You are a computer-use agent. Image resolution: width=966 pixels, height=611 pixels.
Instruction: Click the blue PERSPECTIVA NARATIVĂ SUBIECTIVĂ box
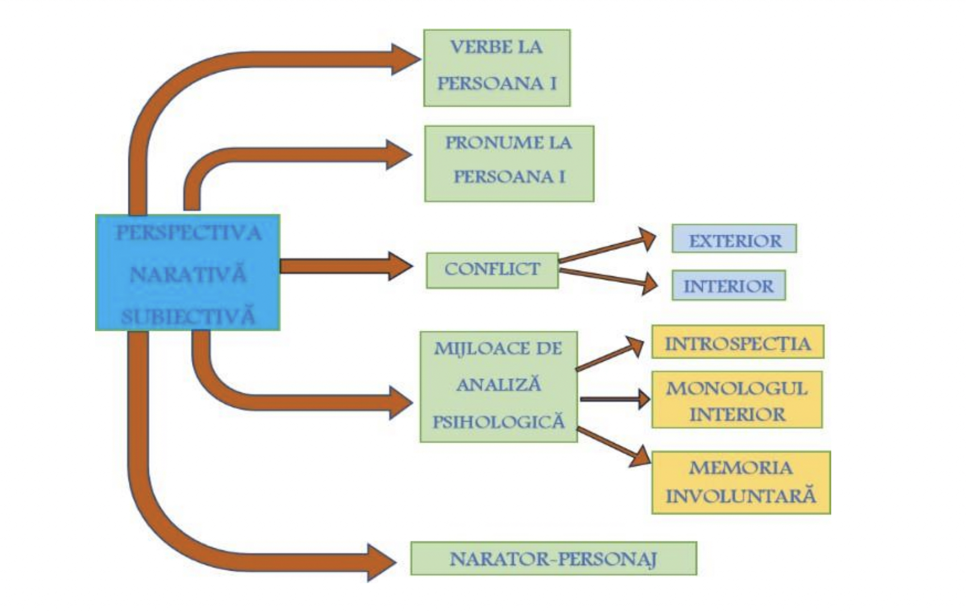click(x=187, y=272)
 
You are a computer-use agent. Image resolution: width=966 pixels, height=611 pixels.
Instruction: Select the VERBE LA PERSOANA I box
click(x=497, y=68)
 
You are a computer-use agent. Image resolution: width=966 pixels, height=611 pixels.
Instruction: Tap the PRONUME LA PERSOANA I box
click(x=509, y=163)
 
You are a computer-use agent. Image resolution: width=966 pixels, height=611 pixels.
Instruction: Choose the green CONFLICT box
click(x=492, y=270)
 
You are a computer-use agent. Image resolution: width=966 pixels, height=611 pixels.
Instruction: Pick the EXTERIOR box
click(x=734, y=238)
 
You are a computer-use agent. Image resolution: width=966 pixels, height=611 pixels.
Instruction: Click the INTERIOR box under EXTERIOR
click(x=728, y=285)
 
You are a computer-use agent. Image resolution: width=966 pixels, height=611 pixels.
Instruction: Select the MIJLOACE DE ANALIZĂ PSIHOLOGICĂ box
click(x=498, y=387)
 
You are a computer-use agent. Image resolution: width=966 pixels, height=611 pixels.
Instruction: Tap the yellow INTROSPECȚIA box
click(x=737, y=342)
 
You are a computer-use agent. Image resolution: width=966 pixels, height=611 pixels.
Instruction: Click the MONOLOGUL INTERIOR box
click(x=736, y=399)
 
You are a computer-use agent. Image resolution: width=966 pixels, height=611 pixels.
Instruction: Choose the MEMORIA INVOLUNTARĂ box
click(x=741, y=483)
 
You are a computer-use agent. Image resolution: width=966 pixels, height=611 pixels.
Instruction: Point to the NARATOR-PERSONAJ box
click(x=553, y=558)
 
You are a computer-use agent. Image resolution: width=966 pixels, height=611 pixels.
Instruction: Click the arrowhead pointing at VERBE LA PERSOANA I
click(x=404, y=59)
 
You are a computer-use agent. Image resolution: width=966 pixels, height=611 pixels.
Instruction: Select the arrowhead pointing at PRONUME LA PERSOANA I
click(x=398, y=154)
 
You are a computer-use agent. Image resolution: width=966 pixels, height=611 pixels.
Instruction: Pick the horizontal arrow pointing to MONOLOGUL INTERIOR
click(x=614, y=399)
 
